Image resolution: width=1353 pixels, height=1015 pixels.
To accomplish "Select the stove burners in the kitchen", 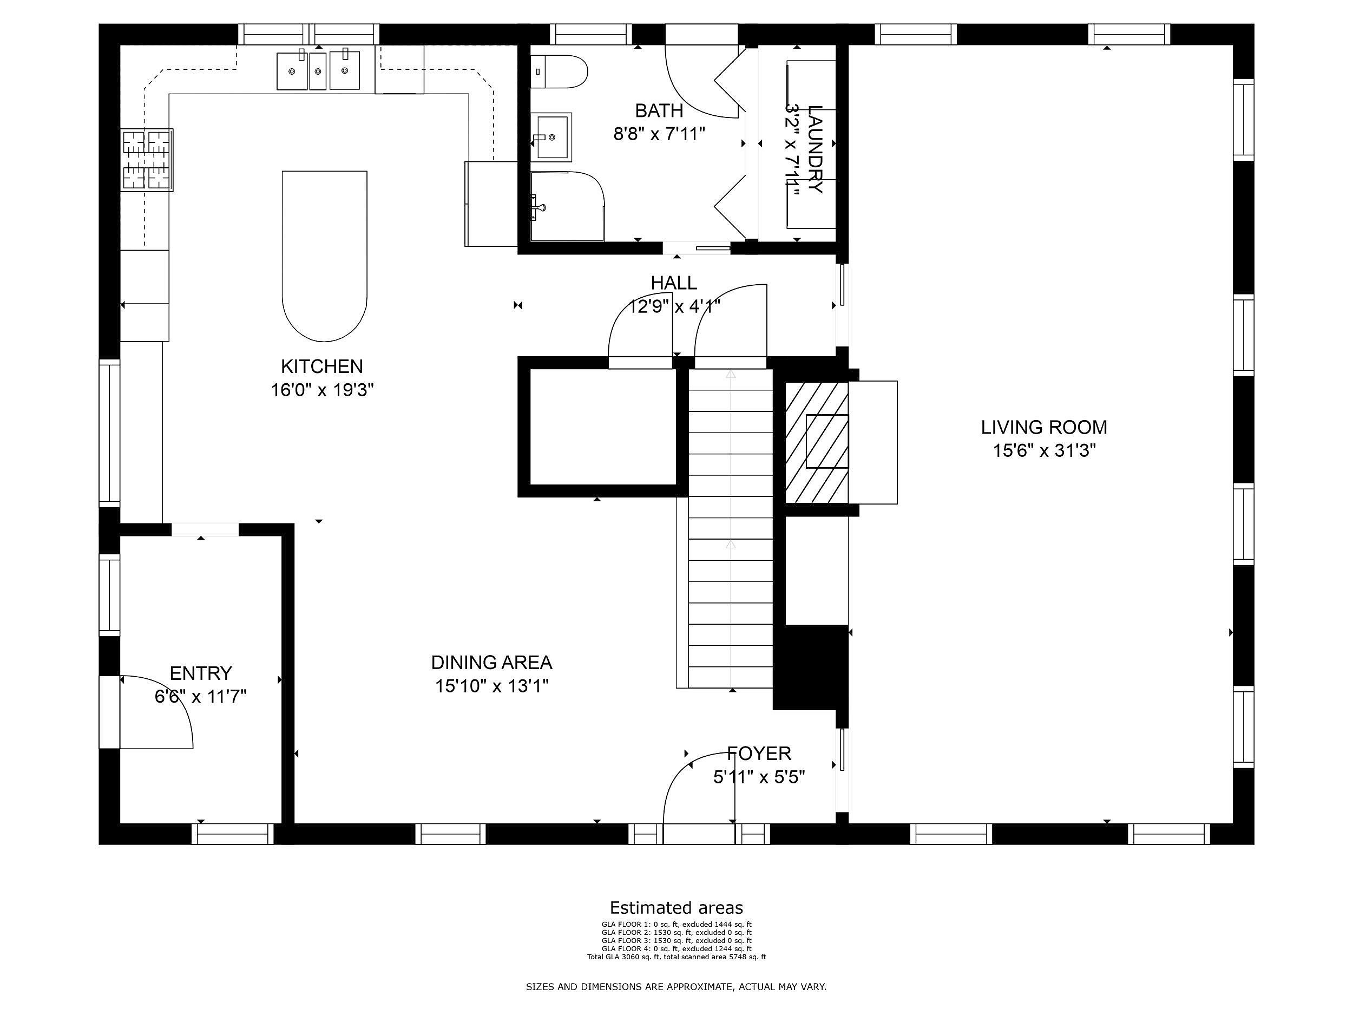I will click(147, 160).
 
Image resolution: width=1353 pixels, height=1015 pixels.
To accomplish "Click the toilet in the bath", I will click(559, 71).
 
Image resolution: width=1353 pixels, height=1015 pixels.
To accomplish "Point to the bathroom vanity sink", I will click(550, 136).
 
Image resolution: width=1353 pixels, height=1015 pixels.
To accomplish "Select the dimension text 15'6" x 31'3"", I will click(1043, 451).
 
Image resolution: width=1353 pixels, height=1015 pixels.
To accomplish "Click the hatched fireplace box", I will click(816, 442).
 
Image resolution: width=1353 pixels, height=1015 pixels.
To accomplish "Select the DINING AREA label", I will click(491, 663).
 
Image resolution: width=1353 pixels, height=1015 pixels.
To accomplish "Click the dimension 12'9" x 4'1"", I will click(674, 306).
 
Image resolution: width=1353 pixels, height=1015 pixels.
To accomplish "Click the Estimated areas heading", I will click(676, 907).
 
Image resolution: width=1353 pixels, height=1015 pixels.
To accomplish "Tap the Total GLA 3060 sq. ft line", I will click(676, 957).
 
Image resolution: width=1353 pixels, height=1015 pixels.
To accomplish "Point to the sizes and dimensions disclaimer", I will click(676, 987).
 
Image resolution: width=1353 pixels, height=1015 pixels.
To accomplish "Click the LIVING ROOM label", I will click(1043, 427).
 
